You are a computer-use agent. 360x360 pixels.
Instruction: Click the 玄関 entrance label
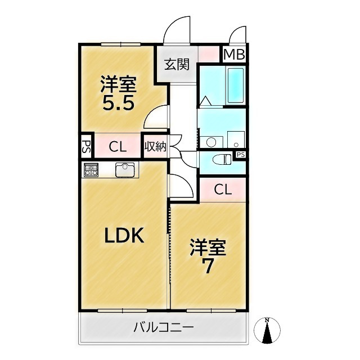tap(177, 64)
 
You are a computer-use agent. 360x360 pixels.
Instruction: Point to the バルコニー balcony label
tap(164, 327)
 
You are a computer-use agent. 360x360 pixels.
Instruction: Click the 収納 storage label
tap(155, 147)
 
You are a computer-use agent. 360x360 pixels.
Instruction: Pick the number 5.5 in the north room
tap(118, 103)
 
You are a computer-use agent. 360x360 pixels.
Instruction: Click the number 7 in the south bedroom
tap(208, 266)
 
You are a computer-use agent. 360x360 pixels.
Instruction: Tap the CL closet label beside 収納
tap(117, 147)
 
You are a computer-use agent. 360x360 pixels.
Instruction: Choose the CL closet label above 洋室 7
tap(223, 190)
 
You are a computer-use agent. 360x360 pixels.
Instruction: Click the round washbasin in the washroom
tap(211, 142)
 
